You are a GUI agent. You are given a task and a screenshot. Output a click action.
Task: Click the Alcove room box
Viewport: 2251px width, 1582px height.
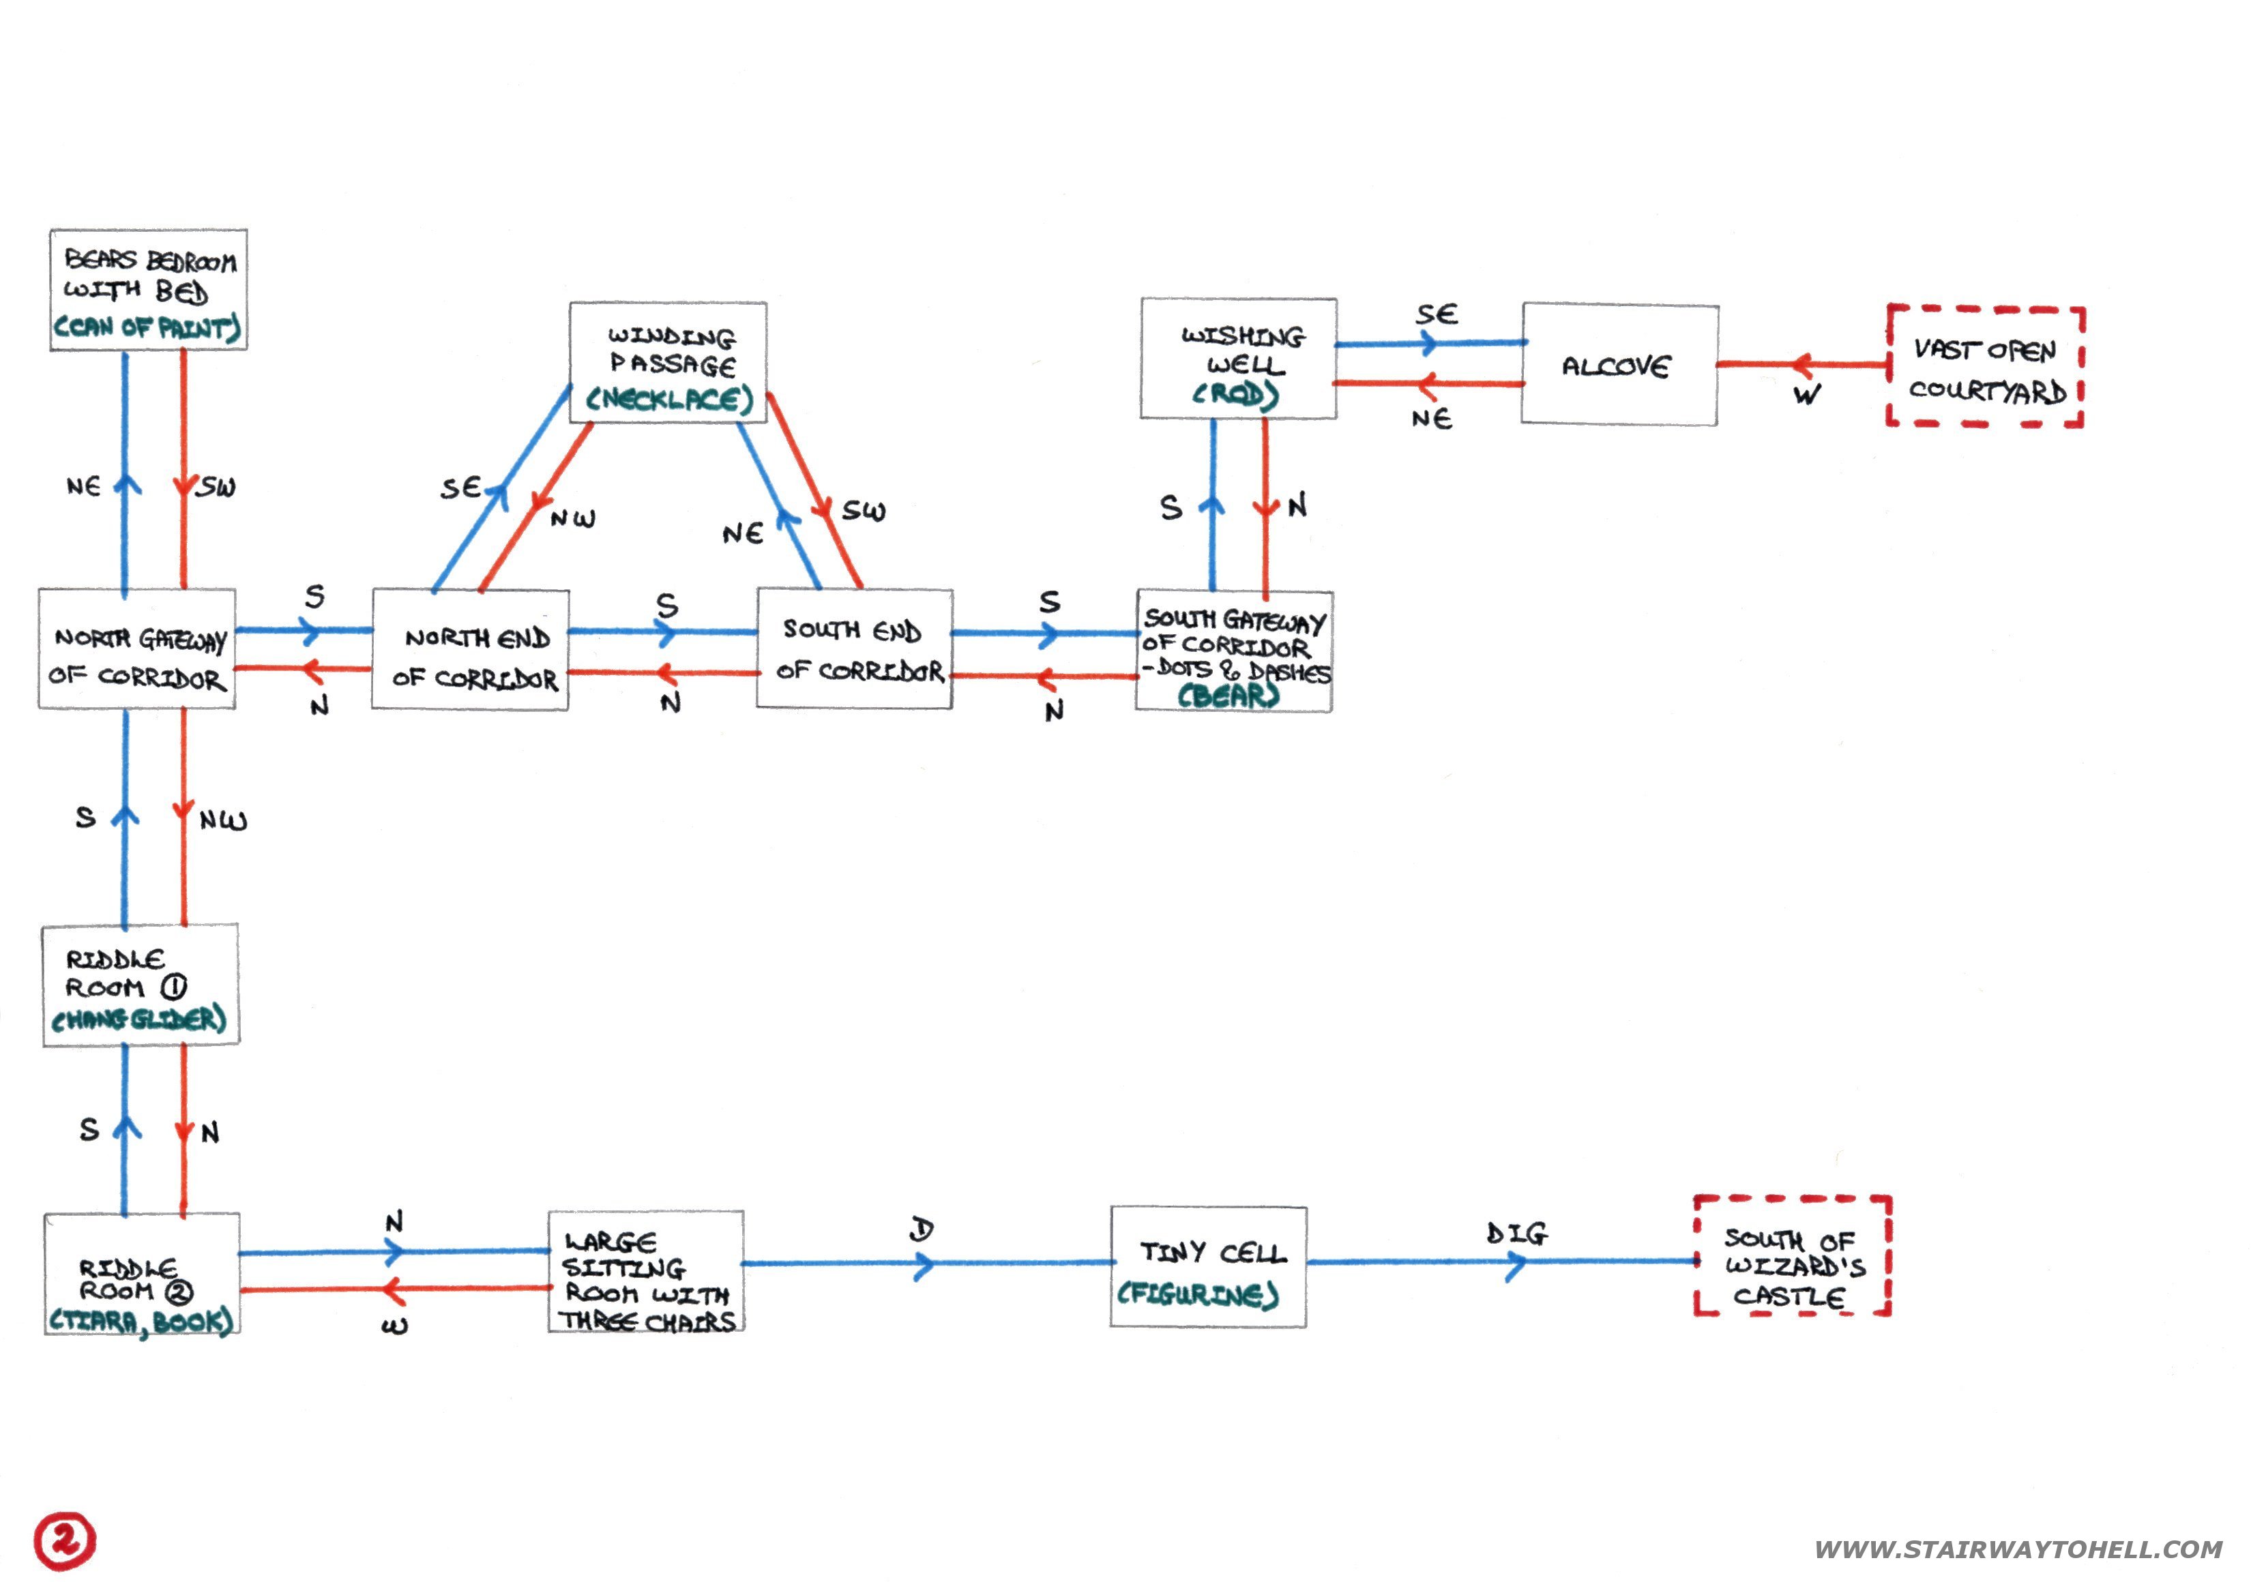pyautogui.click(x=1619, y=365)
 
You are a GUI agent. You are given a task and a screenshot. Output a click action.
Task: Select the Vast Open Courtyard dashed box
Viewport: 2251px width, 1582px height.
pyautogui.click(x=1985, y=368)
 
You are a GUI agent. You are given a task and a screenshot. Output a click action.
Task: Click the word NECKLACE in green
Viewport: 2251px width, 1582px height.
pyautogui.click(x=671, y=399)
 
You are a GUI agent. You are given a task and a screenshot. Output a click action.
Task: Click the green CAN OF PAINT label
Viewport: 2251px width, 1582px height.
pyautogui.click(x=147, y=327)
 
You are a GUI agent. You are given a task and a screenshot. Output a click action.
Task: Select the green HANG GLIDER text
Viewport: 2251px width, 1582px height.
pyautogui.click(x=139, y=1019)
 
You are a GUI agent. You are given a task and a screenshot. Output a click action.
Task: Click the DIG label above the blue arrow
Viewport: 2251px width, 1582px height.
pyautogui.click(x=1516, y=1233)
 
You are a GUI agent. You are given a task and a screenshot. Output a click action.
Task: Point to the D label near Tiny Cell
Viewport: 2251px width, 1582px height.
pyautogui.click(x=922, y=1229)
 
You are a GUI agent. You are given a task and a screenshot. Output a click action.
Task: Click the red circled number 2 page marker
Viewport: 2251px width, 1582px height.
pyautogui.click(x=65, y=1540)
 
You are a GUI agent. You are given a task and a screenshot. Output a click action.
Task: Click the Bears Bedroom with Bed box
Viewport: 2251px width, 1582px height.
pyautogui.click(x=148, y=289)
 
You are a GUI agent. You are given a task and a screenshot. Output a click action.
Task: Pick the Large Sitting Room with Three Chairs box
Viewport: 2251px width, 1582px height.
pyautogui.click(x=646, y=1271)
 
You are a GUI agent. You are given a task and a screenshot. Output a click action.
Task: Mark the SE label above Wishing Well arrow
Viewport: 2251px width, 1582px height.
pyautogui.click(x=1437, y=314)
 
